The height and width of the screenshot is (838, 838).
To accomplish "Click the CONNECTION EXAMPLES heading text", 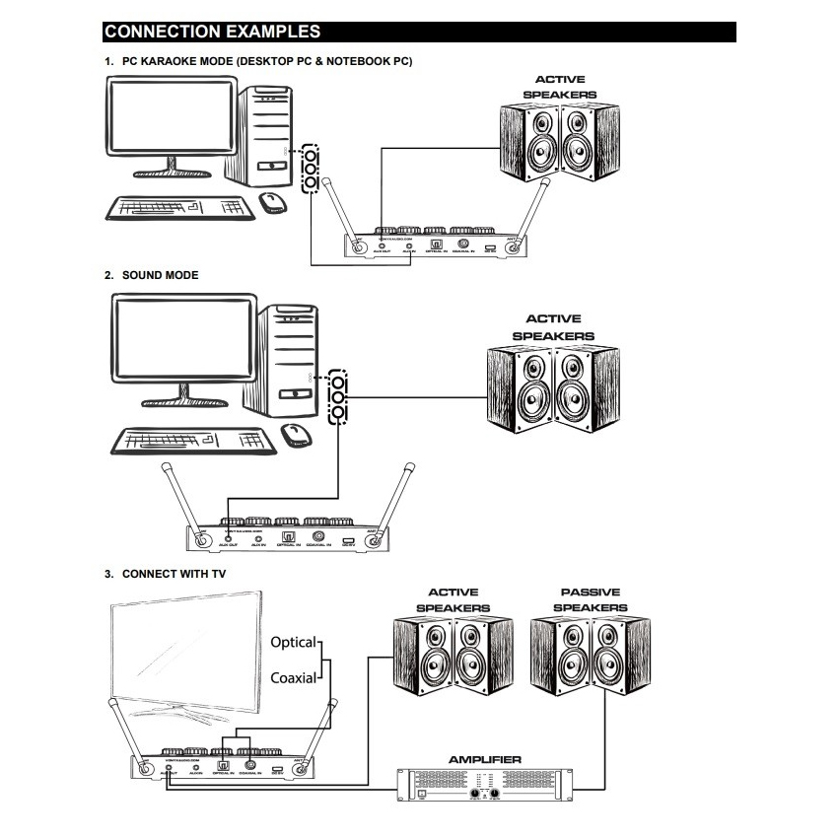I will pyautogui.click(x=211, y=33).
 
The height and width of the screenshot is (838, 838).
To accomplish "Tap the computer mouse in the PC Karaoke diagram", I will pyautogui.click(x=273, y=202).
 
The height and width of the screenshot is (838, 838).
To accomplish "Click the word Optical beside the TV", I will pyautogui.click(x=293, y=643).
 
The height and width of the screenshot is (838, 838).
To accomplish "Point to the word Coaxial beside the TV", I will pyautogui.click(x=293, y=677).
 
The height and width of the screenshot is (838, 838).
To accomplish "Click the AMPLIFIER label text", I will pyautogui.click(x=484, y=759).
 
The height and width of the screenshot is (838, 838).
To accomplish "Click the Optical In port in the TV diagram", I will pyautogui.click(x=223, y=765).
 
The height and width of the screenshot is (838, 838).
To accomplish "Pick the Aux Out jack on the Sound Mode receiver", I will pyautogui.click(x=229, y=538).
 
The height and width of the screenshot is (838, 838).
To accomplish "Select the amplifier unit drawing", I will pyautogui.click(x=484, y=784).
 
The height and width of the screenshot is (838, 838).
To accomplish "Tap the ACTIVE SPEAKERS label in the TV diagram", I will pyautogui.click(x=454, y=599).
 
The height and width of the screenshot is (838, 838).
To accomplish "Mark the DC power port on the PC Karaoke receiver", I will pyautogui.click(x=490, y=246).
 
